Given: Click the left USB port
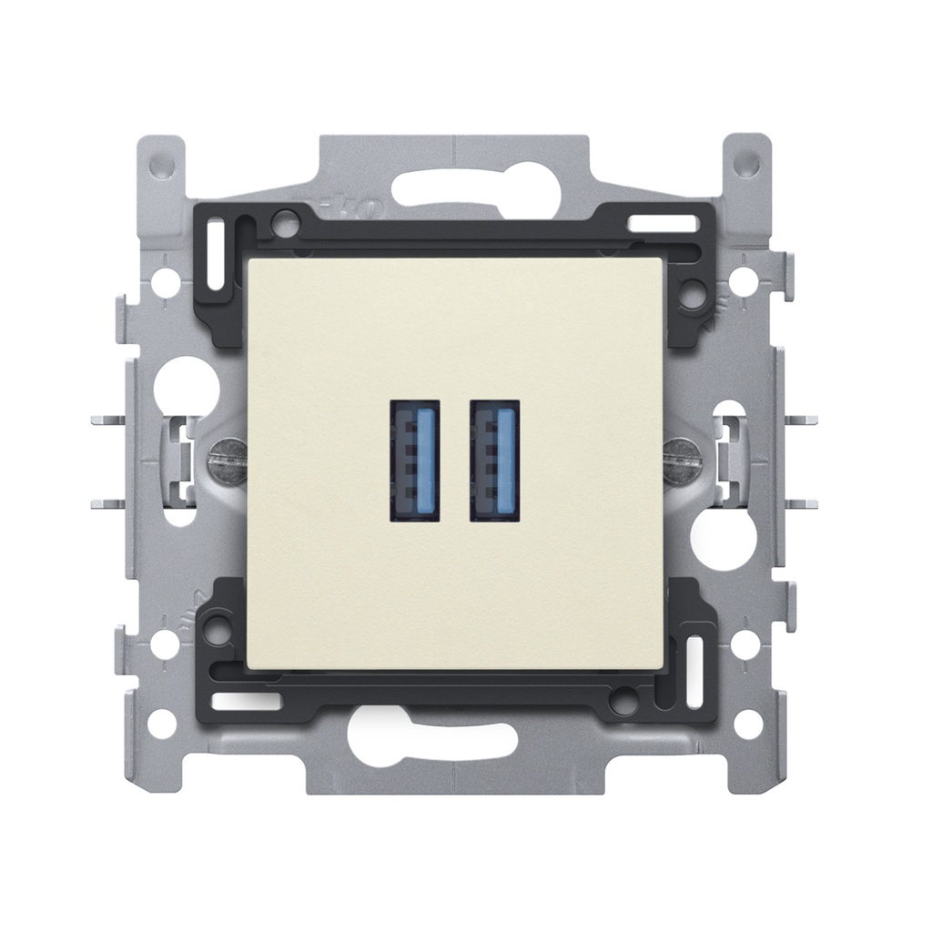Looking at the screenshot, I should coord(414,460).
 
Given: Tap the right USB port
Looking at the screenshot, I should coord(494,460).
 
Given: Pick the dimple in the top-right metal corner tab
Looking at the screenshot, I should coord(746,165).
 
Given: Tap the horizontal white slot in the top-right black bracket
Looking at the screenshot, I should coord(653,222).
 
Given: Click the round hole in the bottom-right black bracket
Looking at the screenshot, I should coord(623,702).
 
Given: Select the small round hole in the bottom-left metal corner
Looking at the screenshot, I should coord(163,724).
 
